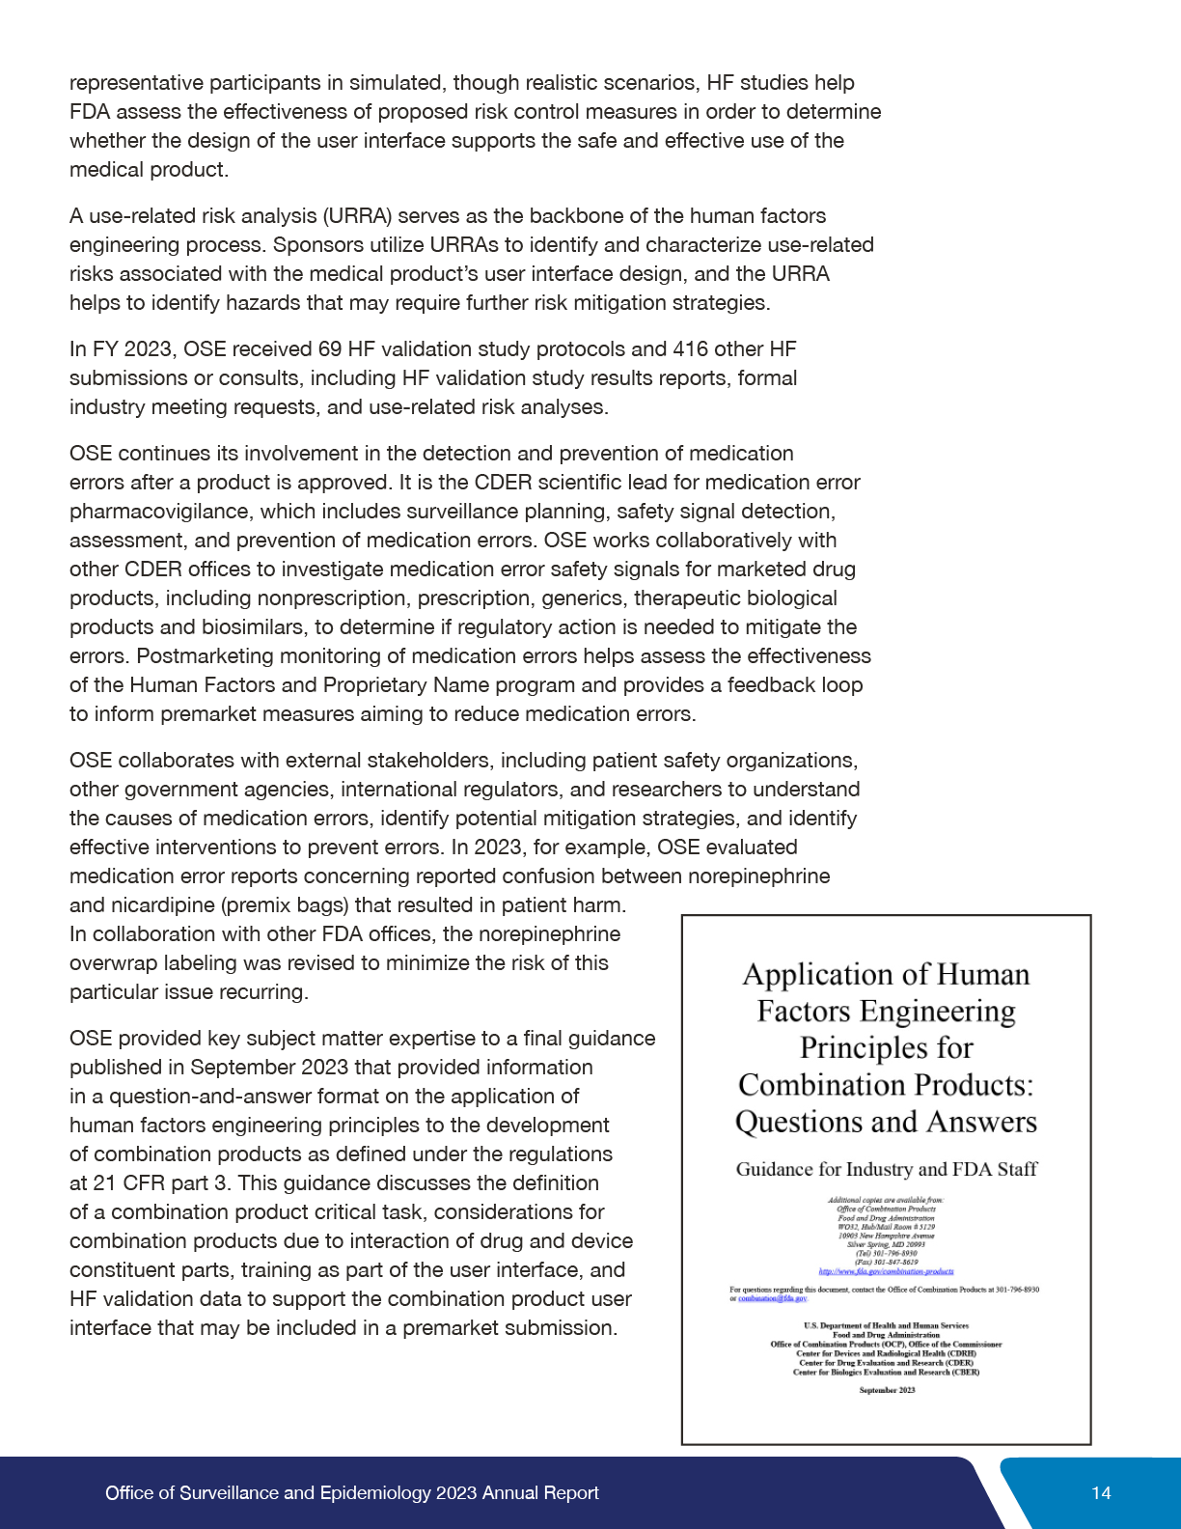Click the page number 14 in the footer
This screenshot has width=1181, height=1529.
coord(1101,1493)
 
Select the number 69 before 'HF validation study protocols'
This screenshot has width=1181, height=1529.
coord(330,349)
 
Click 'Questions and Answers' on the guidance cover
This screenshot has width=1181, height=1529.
coord(886,1123)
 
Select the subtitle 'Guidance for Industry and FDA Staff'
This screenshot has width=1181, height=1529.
coord(886,1170)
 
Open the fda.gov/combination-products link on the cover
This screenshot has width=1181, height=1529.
coord(886,1271)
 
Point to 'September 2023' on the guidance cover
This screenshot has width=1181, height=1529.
coord(887,1390)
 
